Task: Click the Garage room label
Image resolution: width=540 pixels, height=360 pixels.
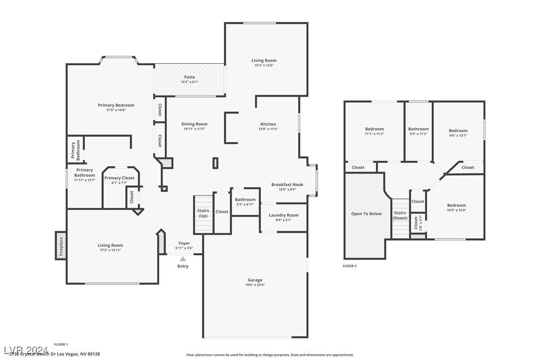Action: click(255, 280)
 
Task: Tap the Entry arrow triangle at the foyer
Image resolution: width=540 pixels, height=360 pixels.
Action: click(183, 259)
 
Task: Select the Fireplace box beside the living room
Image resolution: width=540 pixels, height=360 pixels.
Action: click(61, 246)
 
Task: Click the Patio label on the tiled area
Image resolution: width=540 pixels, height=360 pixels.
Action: click(189, 77)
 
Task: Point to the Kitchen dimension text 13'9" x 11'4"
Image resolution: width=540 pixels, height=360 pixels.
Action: click(268, 129)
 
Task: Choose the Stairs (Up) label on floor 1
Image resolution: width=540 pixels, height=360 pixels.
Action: click(203, 213)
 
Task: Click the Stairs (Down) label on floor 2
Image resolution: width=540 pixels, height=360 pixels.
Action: click(400, 215)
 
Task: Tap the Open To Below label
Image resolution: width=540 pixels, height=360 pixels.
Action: click(366, 214)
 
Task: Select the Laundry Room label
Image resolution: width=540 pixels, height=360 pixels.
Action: click(283, 215)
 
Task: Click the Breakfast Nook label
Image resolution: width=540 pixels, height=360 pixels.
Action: click(287, 184)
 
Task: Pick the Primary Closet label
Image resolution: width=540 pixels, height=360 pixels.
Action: click(119, 178)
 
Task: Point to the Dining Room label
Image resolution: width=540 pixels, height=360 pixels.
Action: click(194, 124)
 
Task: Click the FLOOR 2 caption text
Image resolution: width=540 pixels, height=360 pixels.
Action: click(350, 266)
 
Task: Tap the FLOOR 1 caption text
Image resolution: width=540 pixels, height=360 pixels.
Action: click(61, 344)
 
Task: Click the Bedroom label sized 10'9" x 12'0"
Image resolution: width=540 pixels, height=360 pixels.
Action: click(456, 205)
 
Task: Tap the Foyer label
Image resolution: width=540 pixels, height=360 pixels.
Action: click(184, 243)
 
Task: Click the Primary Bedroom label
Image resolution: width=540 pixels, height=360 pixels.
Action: click(116, 105)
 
